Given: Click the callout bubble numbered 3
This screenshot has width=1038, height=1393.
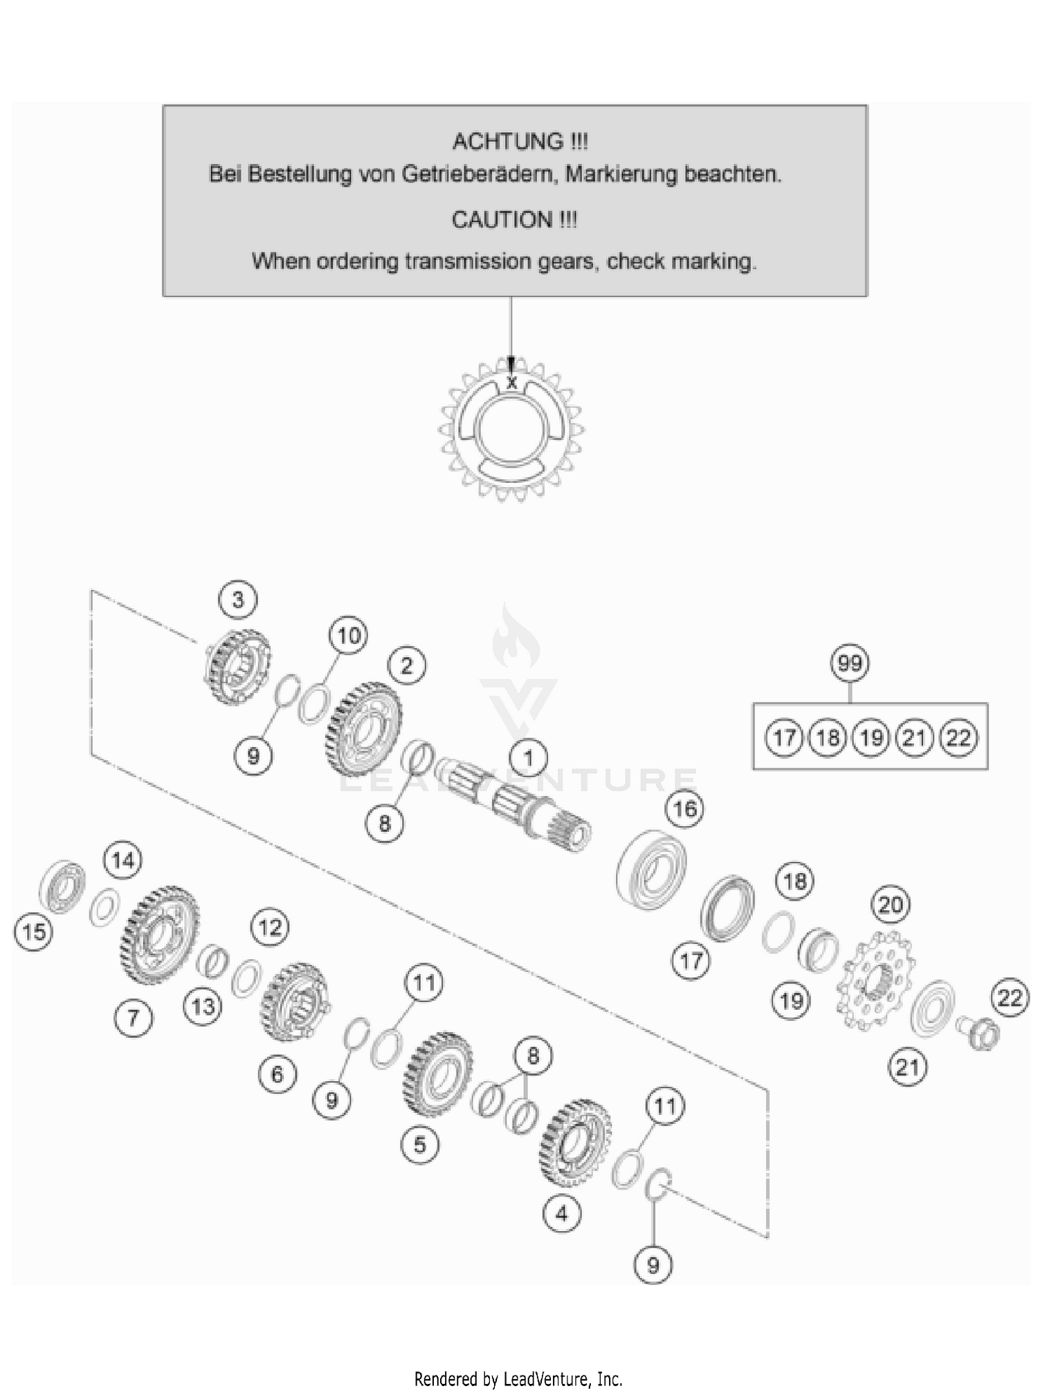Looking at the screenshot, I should tap(238, 600).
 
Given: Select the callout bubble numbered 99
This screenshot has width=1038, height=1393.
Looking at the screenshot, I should tap(850, 663).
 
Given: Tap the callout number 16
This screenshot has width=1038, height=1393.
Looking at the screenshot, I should tap(684, 809).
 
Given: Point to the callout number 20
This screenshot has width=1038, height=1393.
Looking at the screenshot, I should tap(891, 904).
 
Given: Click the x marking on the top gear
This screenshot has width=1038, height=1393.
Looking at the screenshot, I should tap(511, 382).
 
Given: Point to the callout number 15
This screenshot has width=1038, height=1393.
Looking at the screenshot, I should tap(33, 932).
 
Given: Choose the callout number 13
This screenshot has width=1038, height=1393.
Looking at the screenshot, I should tap(203, 1006).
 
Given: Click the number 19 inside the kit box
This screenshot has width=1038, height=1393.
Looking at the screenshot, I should tap(871, 738).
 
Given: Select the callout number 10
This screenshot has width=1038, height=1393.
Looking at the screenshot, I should tap(348, 635).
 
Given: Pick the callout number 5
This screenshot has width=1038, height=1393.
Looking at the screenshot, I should tap(419, 1144).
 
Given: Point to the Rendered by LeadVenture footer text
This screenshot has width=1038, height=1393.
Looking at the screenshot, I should tap(518, 1378).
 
